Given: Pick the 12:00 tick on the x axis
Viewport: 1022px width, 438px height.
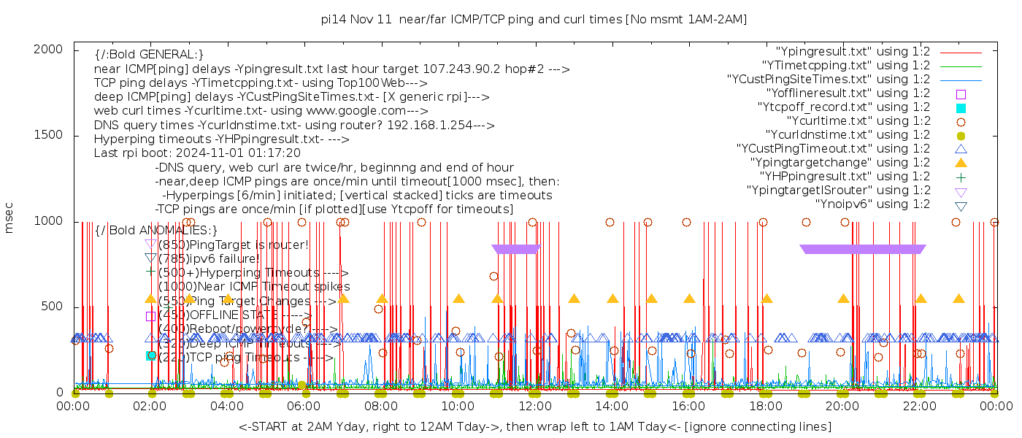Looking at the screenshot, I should [534, 406].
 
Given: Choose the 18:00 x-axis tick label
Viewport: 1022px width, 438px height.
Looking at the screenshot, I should [765, 406].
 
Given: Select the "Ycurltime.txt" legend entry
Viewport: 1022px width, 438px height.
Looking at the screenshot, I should [858, 121].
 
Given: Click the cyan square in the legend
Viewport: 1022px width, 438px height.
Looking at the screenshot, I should [961, 108].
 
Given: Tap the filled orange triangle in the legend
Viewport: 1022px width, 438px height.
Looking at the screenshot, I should [961, 163].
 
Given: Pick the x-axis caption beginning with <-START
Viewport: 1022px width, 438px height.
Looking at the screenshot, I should [534, 426].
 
